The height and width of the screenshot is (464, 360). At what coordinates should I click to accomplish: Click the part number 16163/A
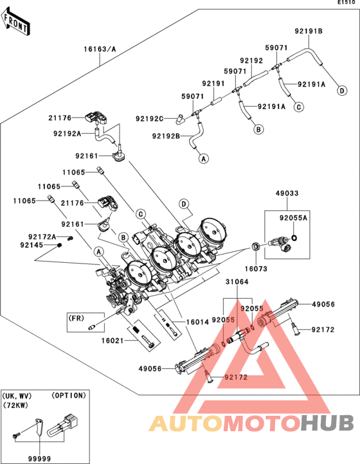(x=100, y=49)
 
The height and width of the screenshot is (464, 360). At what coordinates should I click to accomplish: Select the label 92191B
(x=309, y=31)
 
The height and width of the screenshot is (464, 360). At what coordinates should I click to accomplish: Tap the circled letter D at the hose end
(x=342, y=90)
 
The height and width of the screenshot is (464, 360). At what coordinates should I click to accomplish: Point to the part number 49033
(x=287, y=193)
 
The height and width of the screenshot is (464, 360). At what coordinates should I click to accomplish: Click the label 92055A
(x=293, y=218)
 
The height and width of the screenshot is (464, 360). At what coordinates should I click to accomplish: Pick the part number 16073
(x=256, y=269)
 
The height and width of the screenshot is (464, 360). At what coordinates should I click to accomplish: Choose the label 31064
(x=237, y=281)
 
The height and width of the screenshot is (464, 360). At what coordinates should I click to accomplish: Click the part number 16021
(x=113, y=341)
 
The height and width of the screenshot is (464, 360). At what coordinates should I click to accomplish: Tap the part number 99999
(x=39, y=459)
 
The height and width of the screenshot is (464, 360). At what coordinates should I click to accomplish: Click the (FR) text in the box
(x=76, y=318)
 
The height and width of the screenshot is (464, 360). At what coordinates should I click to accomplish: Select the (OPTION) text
(x=69, y=395)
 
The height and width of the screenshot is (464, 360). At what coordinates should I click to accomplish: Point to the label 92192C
(x=150, y=119)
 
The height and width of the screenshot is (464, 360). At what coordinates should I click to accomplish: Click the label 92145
(x=32, y=245)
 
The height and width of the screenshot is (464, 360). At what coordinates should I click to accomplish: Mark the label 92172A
(x=42, y=236)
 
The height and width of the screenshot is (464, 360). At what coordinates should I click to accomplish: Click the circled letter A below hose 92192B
(x=203, y=158)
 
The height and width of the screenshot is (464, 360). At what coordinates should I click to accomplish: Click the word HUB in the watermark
(x=328, y=423)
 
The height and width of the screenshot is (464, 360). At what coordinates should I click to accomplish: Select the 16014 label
(x=197, y=322)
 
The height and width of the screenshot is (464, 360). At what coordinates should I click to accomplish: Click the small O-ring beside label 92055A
(x=294, y=237)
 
